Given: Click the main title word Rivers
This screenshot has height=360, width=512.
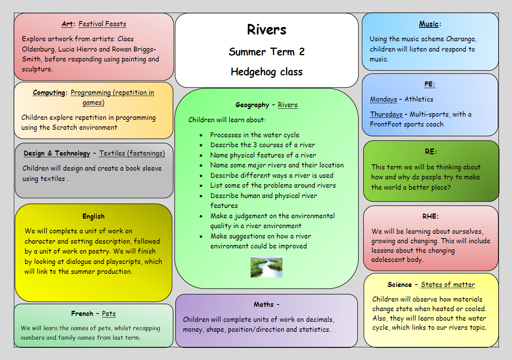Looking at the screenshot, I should pos(267,30).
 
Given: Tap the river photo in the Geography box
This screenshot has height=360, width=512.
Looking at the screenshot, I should pos(267,267).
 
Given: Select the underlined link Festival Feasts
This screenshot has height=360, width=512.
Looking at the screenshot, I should pos(102,24).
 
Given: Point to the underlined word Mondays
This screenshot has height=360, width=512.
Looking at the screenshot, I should pos(384,99).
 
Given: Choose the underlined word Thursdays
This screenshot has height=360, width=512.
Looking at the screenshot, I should pos(386,114).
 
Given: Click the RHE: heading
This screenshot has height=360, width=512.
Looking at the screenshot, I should pos(431,216).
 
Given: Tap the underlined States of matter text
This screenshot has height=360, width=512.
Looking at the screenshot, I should pos(448,285).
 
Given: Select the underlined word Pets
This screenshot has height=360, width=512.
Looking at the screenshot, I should pos(109,314).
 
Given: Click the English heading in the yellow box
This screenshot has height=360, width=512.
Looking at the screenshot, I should pos(94,216).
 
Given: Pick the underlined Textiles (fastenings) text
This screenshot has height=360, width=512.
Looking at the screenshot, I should pos(132,153).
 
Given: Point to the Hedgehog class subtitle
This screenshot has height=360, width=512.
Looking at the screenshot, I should pos(267,72).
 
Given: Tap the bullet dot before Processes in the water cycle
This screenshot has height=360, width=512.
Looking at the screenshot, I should pos(202,135).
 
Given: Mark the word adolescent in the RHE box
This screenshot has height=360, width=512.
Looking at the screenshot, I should pos(389,260).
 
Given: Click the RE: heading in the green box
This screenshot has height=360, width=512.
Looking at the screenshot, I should pos(431,152).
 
